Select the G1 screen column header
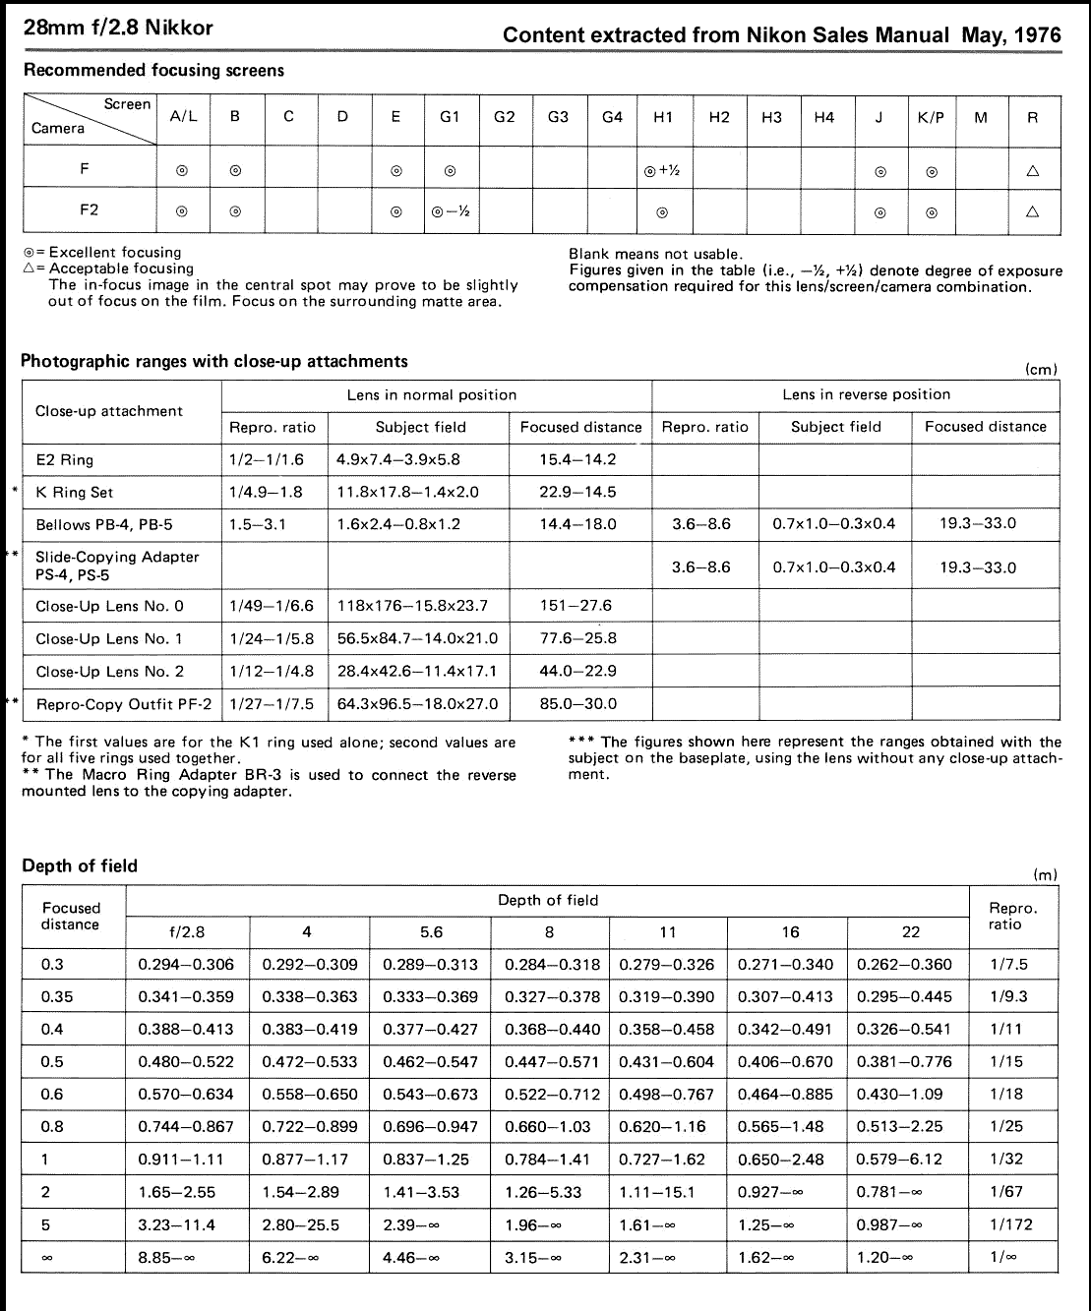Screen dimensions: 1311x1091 click(x=450, y=117)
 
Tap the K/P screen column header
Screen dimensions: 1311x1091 click(x=931, y=117)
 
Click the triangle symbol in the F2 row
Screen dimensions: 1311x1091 click(x=1033, y=211)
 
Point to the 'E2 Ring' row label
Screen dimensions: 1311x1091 click(x=65, y=459)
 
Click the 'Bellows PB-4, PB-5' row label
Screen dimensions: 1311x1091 click(x=103, y=524)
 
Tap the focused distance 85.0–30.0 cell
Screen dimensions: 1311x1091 click(x=578, y=704)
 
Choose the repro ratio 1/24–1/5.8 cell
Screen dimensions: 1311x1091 click(x=272, y=638)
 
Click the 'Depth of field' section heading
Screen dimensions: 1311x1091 click(x=80, y=866)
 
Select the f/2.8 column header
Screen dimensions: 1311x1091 click(x=187, y=932)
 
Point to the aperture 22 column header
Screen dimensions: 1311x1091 click(x=911, y=932)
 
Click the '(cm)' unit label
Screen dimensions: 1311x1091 click(x=1041, y=370)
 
